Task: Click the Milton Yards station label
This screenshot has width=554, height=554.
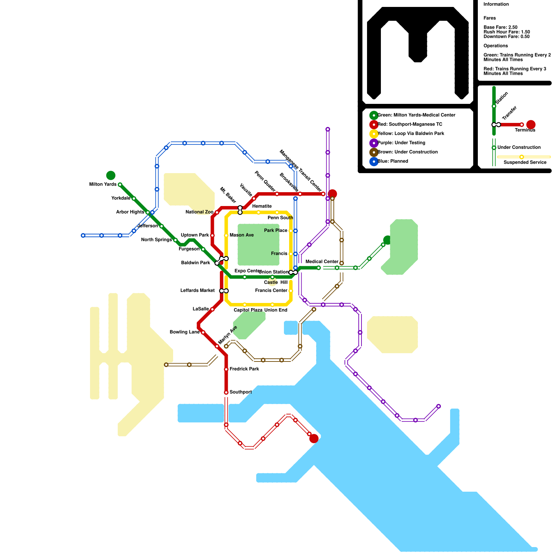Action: pos(103,185)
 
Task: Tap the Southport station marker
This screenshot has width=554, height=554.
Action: pos(226,392)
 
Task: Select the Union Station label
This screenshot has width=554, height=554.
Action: pos(273,272)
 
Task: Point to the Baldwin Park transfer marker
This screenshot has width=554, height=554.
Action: pos(222,261)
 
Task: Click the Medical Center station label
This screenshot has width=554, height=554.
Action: pos(322,262)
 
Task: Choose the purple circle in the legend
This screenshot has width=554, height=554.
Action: pos(374,143)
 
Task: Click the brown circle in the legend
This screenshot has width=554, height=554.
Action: pos(374,152)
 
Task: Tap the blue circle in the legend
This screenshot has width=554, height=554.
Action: pos(374,162)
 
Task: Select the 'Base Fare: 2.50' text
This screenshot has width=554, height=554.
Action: pos(500,27)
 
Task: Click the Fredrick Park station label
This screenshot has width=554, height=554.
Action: pos(244,369)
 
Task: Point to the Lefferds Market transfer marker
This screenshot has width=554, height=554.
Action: pos(224,291)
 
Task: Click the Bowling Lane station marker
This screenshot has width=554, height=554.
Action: pos(203,332)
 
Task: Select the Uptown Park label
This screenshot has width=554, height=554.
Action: pos(195,235)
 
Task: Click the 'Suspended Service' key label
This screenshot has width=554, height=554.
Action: pos(525,162)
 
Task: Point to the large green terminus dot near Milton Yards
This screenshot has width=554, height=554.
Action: pos(111,176)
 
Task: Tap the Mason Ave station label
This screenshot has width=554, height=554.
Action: pos(242,235)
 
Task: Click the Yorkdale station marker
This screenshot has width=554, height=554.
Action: pos(134,198)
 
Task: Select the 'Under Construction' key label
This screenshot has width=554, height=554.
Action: pos(519,148)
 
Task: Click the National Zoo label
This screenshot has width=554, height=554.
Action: pos(199,212)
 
